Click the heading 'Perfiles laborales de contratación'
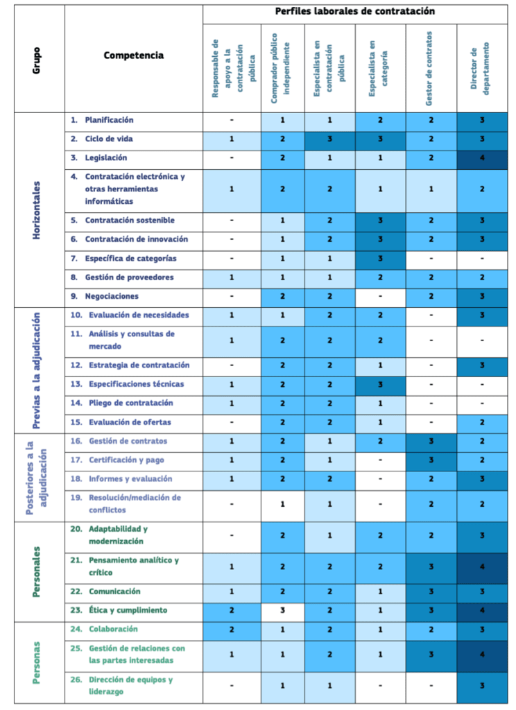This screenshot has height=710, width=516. (x=354, y=11)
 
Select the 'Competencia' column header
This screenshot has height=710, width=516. (x=134, y=55)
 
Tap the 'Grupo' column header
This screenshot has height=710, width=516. (x=36, y=60)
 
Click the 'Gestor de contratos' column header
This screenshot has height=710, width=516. (x=429, y=69)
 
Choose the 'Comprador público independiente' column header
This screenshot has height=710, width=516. (x=280, y=69)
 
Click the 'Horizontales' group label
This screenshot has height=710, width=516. (x=36, y=210)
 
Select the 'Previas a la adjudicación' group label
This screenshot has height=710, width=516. (x=36, y=370)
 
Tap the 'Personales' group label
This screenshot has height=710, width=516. (x=36, y=572)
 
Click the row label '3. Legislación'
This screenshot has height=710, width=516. (x=98, y=157)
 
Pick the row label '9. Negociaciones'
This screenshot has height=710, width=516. (x=105, y=296)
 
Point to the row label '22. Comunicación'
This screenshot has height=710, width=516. (x=105, y=591)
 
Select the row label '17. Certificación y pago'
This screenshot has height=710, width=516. (x=117, y=460)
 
